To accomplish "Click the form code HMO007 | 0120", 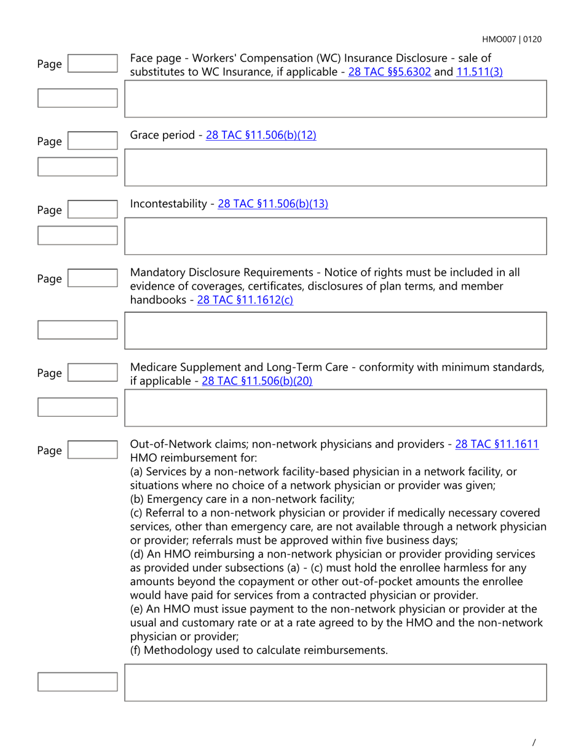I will [x=511, y=39].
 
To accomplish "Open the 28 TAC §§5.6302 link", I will [x=389, y=71].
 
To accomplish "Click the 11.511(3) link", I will [x=479, y=71].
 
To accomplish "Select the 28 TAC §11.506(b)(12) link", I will [x=261, y=135].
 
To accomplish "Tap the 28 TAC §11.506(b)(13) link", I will [x=273, y=204].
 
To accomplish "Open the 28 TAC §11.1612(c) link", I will [x=245, y=301].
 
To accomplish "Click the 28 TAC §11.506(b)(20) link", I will [x=257, y=381].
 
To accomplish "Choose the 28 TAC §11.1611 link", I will [x=497, y=444].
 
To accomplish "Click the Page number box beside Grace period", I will [x=92, y=141].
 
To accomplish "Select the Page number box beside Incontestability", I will [x=92, y=210].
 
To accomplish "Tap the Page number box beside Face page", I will [x=92, y=64].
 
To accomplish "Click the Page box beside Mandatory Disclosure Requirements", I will [x=92, y=279].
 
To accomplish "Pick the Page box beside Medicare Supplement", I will [x=92, y=373].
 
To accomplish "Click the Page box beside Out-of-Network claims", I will [x=92, y=451].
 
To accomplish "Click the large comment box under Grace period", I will [x=335, y=167].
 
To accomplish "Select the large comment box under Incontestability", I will [x=335, y=236].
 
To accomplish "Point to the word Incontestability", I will [x=168, y=204].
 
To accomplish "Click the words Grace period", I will [x=162, y=135].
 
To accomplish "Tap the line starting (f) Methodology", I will [x=259, y=650].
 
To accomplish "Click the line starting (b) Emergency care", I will [x=242, y=498].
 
